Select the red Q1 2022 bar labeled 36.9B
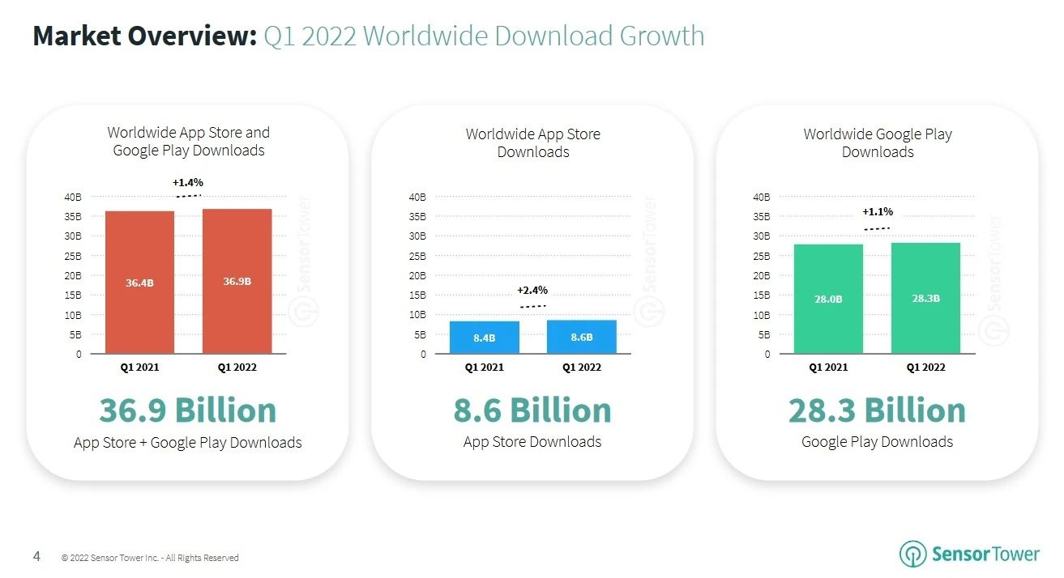[237, 281]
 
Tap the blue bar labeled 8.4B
[484, 338]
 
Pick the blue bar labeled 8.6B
[581, 337]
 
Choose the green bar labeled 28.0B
[828, 299]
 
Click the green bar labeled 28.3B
[925, 298]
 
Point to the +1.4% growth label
[188, 182]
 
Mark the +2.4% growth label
[532, 290]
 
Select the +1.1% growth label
[878, 211]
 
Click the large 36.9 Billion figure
[188, 410]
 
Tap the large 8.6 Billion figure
[532, 410]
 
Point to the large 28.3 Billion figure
[877, 410]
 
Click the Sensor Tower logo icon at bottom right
[912, 554]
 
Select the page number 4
[36, 556]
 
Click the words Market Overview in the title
[144, 36]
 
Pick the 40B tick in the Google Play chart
[761, 197]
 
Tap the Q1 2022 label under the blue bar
[581, 368]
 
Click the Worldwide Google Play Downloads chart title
[878, 143]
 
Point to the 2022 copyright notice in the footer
[150, 558]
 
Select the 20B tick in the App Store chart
[417, 275]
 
